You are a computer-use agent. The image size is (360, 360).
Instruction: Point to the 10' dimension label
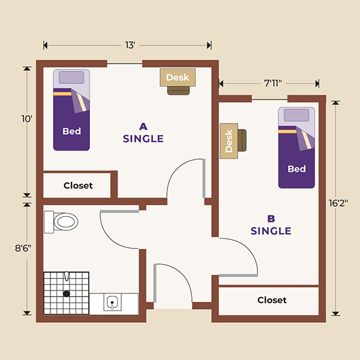coord(26,119)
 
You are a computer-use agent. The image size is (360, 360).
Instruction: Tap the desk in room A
coord(178,77)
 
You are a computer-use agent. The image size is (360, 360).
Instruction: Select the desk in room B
coord(229,141)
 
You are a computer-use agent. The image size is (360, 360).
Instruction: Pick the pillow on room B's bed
coord(296,115)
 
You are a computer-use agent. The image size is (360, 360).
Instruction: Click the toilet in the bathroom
coord(62,221)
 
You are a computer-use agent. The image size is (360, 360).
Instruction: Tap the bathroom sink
coord(112,302)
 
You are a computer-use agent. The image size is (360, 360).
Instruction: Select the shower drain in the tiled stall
coord(67,293)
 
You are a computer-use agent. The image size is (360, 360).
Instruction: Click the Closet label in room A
coord(78,185)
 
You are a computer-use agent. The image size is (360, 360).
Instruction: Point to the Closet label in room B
coord(272,300)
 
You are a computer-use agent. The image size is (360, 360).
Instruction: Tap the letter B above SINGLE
coord(271,218)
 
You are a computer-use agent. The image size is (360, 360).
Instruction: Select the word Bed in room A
coord(71,131)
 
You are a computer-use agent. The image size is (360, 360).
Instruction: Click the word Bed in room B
coord(296,169)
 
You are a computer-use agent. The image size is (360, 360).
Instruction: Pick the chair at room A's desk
coord(178,90)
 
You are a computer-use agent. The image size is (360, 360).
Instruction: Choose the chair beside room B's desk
coord(242,140)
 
